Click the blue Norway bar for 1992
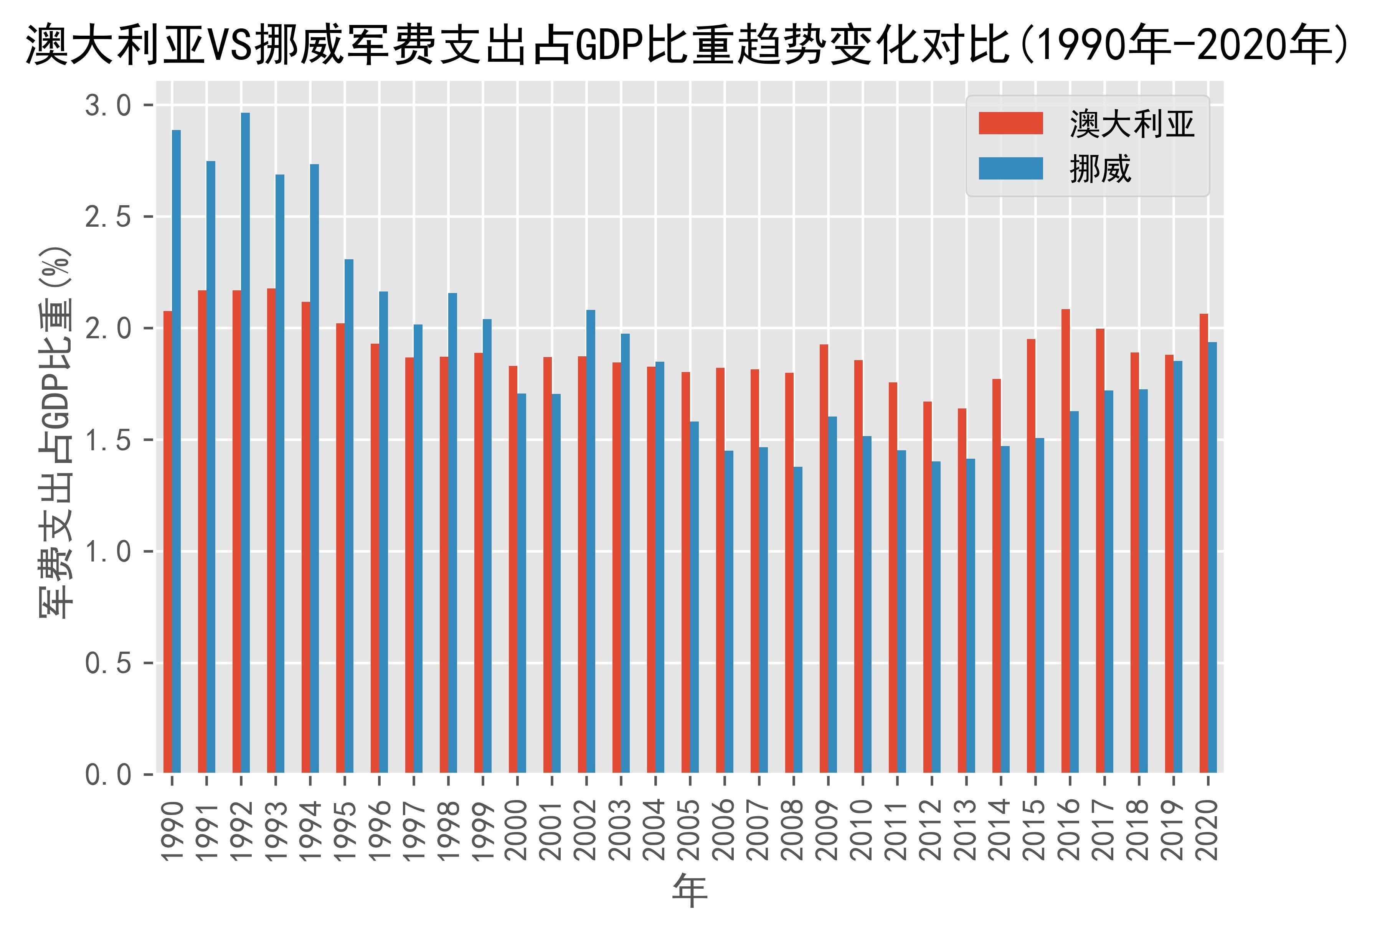tap(245, 442)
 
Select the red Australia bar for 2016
tap(1066, 540)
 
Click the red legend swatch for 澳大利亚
tap(1011, 123)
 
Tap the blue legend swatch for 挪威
tap(1011, 169)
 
